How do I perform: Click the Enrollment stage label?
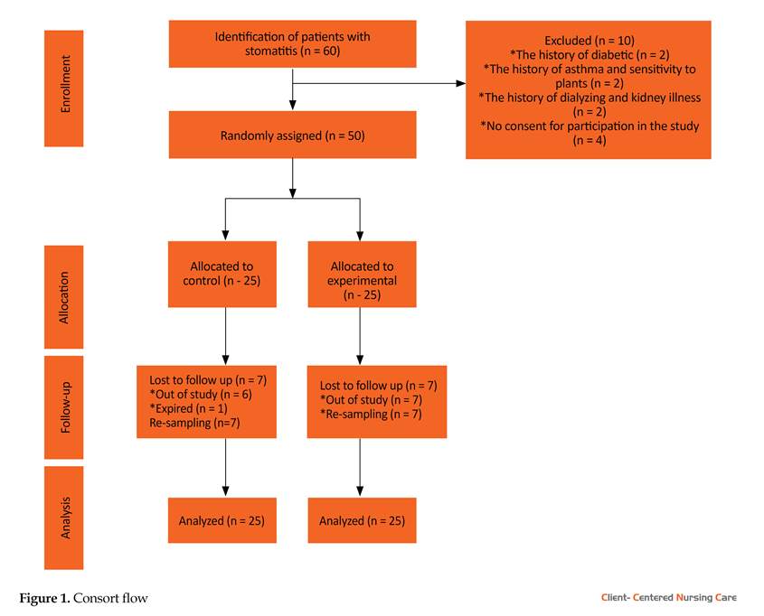(x=64, y=89)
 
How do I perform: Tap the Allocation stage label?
(x=64, y=297)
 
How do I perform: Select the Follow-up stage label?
(x=64, y=407)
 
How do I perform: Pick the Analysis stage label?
(x=64, y=518)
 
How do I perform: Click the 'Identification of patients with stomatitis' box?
(x=292, y=43)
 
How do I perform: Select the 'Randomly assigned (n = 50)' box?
(x=292, y=135)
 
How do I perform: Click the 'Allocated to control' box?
(x=222, y=274)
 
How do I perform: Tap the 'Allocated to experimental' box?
(x=362, y=274)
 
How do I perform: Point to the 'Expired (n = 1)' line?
(x=188, y=408)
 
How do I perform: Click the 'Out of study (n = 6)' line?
(x=201, y=394)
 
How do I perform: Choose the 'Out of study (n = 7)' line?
(x=371, y=400)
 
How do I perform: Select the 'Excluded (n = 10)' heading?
(x=590, y=41)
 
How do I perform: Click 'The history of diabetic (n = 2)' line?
(x=590, y=55)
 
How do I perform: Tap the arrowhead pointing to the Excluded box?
(x=461, y=83)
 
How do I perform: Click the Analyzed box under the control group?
(x=222, y=520)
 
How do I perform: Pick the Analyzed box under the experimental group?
(x=362, y=520)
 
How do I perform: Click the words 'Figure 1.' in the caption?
(x=44, y=598)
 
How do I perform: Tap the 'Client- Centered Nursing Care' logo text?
(x=668, y=598)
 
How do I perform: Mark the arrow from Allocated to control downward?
(x=226, y=336)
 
